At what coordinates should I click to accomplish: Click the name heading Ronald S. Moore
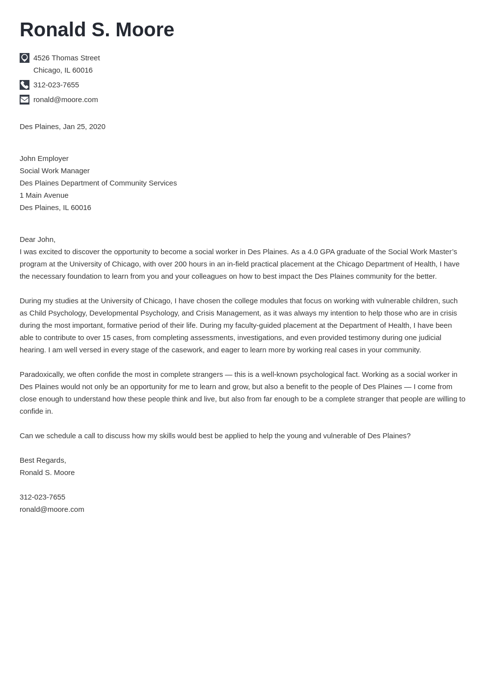[97, 30]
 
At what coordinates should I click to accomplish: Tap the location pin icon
[25, 58]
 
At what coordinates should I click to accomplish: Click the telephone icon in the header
[25, 85]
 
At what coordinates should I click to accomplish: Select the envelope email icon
[25, 100]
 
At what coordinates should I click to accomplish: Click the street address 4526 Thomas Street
[66, 58]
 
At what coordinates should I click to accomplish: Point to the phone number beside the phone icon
[56, 85]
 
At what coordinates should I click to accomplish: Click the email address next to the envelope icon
[65, 100]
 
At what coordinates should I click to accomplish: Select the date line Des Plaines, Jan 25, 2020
[62, 127]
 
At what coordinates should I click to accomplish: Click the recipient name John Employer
[44, 159]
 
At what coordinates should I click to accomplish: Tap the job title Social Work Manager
[54, 171]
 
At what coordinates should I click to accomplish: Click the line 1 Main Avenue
[44, 195]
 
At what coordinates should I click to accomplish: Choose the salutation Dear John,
[37, 239]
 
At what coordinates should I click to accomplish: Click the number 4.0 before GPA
[313, 252]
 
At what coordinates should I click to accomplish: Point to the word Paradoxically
[42, 374]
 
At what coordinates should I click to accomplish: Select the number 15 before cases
[107, 338]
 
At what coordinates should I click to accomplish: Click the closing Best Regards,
[43, 460]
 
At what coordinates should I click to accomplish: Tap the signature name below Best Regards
[47, 473]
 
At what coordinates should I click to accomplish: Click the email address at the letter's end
[52, 509]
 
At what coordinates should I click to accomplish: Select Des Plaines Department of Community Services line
[98, 183]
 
